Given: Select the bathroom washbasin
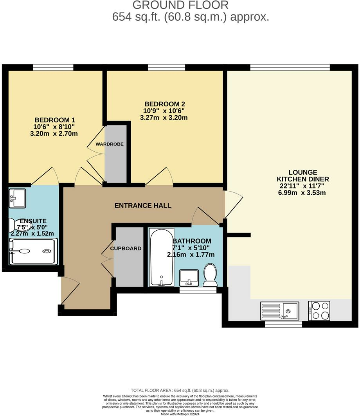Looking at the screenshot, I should [189, 278].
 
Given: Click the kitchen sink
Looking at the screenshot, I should [279, 311].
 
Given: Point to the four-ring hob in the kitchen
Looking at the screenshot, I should [319, 310].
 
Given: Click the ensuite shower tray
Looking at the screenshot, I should [33, 252].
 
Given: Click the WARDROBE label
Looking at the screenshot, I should [110, 144].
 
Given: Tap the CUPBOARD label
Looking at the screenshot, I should [126, 248].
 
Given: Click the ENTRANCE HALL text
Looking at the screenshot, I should [143, 206].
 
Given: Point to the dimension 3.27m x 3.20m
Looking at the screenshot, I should [164, 118].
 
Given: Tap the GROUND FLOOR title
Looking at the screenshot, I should [180, 5].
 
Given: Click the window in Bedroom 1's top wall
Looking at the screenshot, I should [53, 68].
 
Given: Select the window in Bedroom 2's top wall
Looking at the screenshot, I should [166, 68].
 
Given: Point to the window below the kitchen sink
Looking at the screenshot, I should [283, 324].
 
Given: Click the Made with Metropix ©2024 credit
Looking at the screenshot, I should [180, 414].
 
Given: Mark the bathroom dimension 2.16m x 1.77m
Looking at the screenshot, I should [191, 255].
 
